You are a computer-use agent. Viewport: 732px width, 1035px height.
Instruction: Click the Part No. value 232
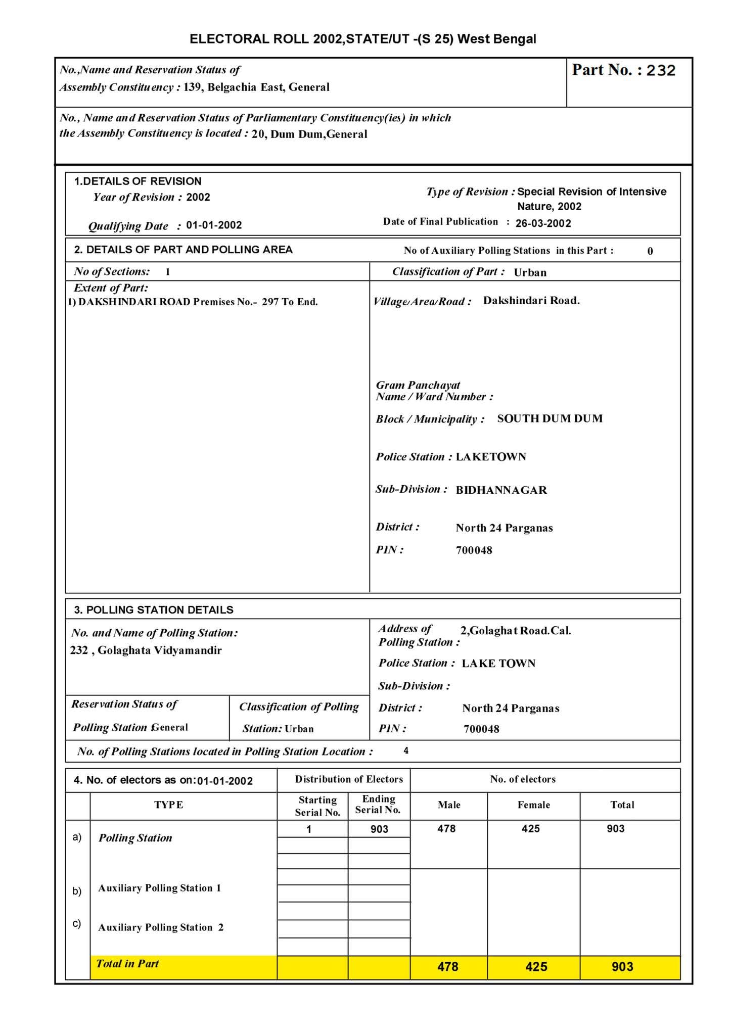661,70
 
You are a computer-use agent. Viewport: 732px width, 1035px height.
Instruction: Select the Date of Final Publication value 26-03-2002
543,223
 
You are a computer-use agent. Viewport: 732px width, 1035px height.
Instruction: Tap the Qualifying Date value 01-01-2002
214,225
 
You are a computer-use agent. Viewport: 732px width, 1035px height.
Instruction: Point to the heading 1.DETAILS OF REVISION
138,181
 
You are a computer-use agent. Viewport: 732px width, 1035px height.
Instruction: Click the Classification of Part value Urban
530,272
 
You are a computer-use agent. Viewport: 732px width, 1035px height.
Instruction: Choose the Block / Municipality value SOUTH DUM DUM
550,418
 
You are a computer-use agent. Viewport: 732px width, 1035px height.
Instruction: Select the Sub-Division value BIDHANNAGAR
501,490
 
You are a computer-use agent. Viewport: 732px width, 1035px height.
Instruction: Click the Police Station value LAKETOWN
491,457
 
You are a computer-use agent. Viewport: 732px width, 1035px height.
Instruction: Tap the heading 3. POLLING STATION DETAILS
154,609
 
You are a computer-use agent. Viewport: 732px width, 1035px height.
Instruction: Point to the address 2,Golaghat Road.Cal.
516,630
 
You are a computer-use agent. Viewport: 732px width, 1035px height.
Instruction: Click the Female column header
533,805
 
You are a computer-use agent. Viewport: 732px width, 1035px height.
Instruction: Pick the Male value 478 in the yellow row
448,967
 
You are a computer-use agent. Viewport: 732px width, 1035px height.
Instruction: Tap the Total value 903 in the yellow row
622,967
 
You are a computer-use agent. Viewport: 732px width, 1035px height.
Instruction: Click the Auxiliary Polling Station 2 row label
161,927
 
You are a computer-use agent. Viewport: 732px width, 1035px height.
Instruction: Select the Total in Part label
127,963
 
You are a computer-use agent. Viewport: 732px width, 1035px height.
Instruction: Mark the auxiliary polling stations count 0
650,251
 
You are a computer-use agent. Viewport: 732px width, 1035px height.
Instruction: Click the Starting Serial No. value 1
309,829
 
